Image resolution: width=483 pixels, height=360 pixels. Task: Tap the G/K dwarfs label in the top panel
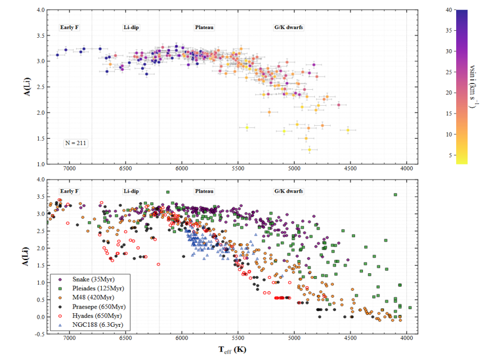point(288,27)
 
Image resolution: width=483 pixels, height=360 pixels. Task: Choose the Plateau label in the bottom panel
point(204,191)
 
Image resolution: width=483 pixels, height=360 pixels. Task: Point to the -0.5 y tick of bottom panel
point(40,334)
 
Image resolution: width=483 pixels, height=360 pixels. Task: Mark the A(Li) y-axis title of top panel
point(27,87)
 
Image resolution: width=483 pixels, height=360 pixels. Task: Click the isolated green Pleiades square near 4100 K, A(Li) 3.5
point(396,195)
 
